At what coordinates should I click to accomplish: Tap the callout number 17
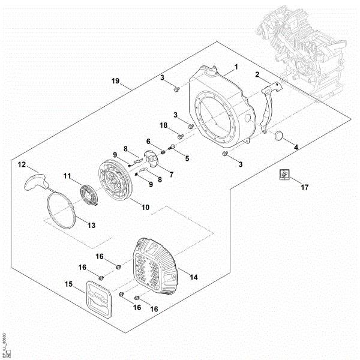304,187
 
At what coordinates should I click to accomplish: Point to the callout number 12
21,163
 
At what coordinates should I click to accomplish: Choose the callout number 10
145,207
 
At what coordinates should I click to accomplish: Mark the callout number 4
295,146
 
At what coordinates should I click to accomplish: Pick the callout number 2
257,74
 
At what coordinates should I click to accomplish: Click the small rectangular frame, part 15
97,300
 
